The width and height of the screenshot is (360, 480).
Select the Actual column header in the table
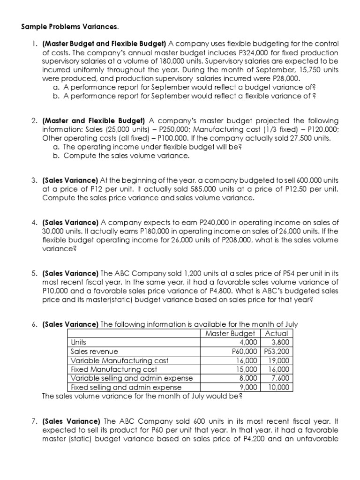click(277, 333)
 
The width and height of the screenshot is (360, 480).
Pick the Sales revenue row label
click(94, 351)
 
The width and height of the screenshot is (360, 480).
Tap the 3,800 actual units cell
click(281, 342)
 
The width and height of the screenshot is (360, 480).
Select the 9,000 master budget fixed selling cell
click(248, 387)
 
